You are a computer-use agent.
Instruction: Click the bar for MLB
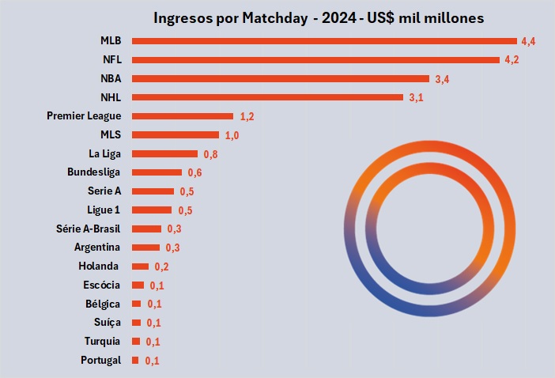click(324, 40)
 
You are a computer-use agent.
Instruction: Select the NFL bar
click(315, 59)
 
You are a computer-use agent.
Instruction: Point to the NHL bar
click(267, 97)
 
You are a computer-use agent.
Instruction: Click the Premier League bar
click(183, 116)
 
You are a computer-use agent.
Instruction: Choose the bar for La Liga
click(164, 153)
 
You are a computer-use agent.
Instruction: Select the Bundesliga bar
click(157, 172)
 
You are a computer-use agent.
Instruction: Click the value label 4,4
click(529, 40)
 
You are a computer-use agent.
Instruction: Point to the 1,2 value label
click(247, 116)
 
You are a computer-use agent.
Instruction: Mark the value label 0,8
click(210, 154)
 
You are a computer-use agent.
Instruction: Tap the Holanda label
click(100, 266)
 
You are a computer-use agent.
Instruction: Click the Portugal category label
click(100, 360)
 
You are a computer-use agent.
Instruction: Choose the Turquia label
click(103, 341)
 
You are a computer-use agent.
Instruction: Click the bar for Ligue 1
click(152, 210)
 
